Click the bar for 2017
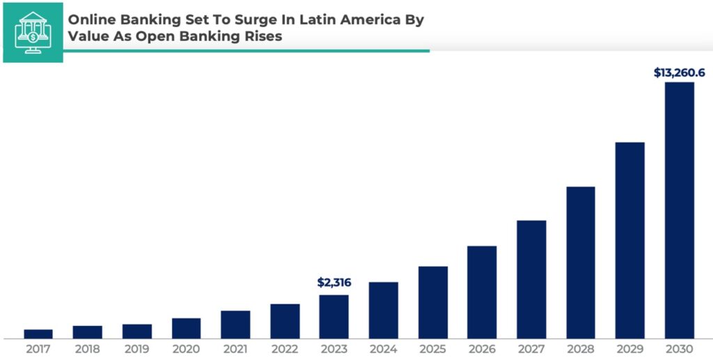point(38,334)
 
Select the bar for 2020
point(186,328)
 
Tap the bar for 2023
point(334,316)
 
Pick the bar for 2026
point(482,292)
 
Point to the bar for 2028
point(581,262)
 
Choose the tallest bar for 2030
point(680,210)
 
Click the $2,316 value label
point(334,283)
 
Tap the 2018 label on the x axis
point(87,348)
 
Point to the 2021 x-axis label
point(235,348)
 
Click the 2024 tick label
point(383,348)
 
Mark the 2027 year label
point(531,348)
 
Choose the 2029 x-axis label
point(630,348)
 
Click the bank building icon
point(33,32)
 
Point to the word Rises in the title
point(265,37)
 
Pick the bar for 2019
point(136,331)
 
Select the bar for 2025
point(432,302)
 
